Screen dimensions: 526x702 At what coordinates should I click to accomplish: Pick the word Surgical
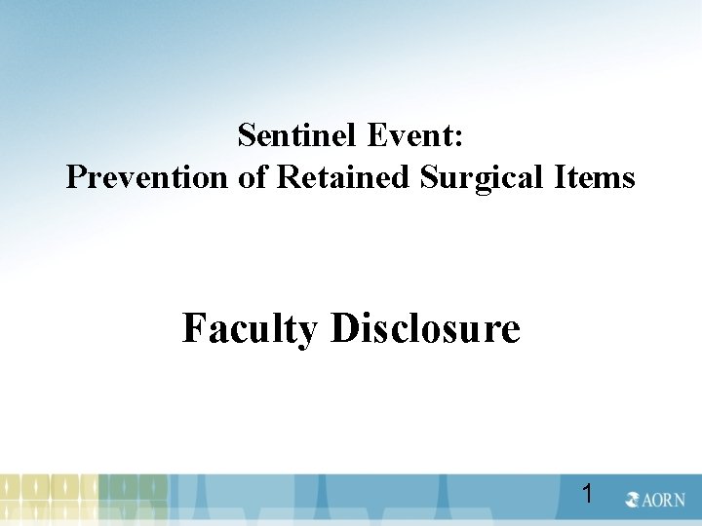[x=471, y=177]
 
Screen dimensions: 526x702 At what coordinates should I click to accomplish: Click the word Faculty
[x=250, y=329]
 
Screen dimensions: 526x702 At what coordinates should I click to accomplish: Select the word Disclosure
[x=426, y=328]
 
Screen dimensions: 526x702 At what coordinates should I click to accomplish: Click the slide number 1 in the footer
[x=587, y=494]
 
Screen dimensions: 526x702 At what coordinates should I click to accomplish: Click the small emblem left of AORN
[x=633, y=500]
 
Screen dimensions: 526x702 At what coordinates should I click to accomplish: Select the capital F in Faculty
[x=193, y=328]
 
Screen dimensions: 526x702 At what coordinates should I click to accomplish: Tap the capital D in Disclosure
[x=344, y=328]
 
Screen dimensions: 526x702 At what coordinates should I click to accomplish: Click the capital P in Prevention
[x=74, y=177]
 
